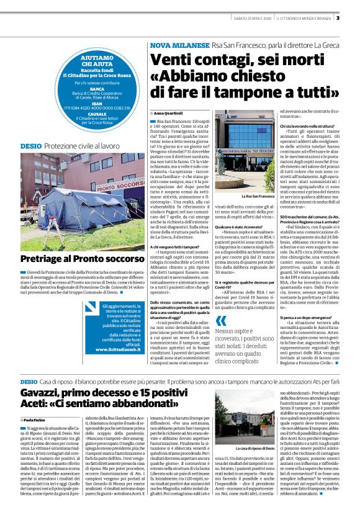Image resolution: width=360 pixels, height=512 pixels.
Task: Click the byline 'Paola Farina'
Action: tap(38, 421)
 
